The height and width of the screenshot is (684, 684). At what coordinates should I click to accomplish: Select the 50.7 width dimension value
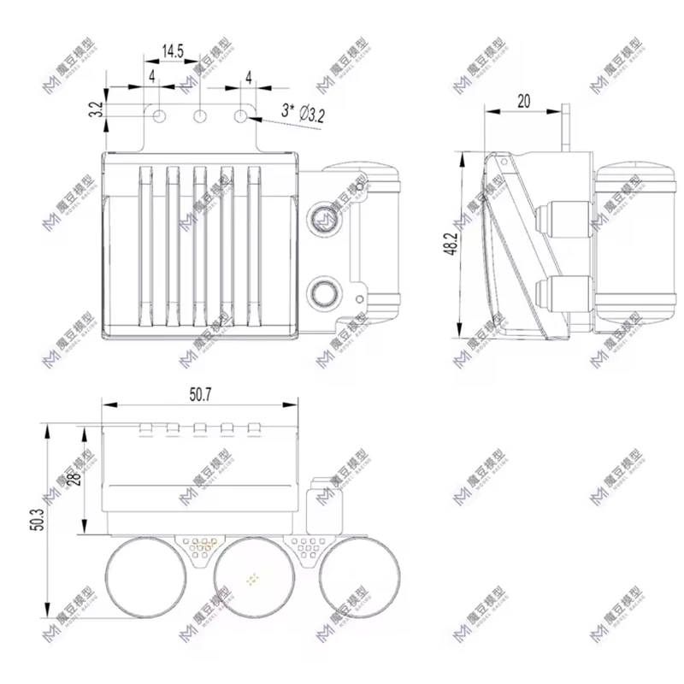click(x=200, y=393)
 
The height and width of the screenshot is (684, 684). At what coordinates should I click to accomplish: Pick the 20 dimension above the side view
click(x=522, y=101)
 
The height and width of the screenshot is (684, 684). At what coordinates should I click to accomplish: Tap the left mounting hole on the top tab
click(x=158, y=115)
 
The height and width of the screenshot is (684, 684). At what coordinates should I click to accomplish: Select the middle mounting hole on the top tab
click(x=200, y=115)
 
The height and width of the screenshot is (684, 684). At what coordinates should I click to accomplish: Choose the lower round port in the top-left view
click(x=323, y=294)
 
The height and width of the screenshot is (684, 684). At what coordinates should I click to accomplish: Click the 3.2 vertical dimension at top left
click(x=97, y=109)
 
